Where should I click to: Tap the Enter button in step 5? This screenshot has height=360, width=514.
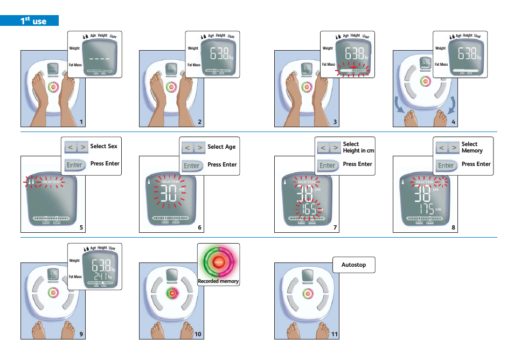coord(75,165)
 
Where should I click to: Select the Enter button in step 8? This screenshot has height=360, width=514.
coord(446,165)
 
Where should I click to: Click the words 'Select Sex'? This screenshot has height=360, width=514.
coord(103,146)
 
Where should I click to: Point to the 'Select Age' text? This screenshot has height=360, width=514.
coord(221,147)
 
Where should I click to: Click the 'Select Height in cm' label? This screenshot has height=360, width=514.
coord(358,147)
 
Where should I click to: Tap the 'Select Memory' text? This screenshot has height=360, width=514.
coord(472,147)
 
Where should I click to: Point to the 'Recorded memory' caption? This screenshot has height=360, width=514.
coord(218,281)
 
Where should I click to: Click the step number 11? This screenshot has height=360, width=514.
coord(335,334)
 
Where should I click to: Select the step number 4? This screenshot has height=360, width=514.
coord(454,122)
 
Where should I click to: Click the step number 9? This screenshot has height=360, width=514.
coord(81,334)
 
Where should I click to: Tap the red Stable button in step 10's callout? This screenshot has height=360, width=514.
coord(218,262)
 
